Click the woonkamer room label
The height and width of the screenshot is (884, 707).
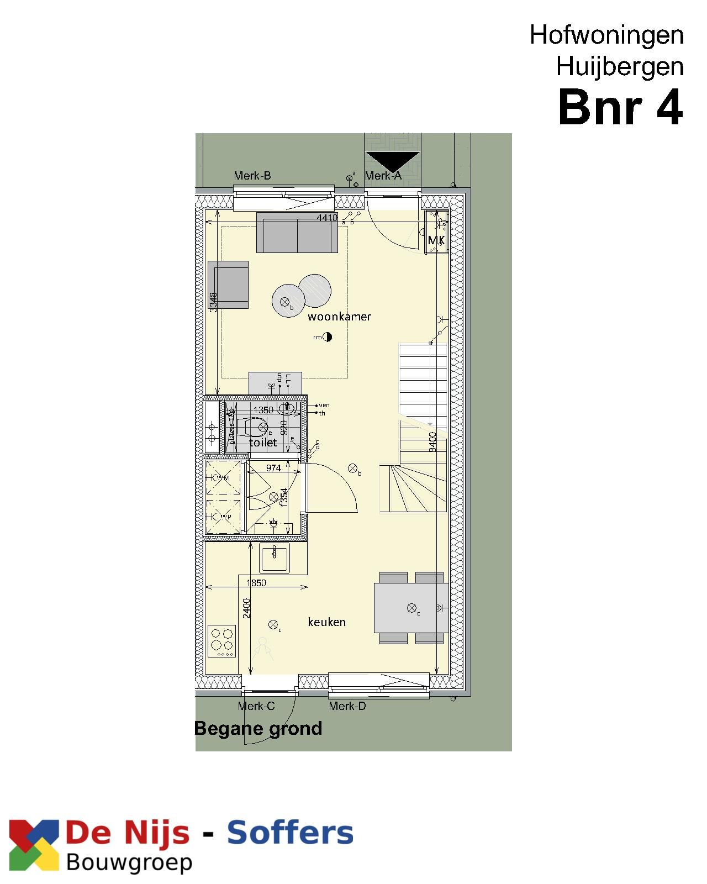coord(339,317)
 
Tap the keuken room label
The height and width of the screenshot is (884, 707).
coord(326,622)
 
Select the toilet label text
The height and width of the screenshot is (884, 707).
coord(263,443)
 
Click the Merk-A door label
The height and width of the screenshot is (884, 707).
coord(383,176)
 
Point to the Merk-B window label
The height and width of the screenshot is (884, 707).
coord(252,176)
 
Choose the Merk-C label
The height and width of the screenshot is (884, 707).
coord(256,706)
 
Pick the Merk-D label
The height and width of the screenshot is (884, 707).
coord(347,706)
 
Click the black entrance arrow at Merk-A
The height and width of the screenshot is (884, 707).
coord(392,161)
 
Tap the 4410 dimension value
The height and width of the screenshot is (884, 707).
coord(327,218)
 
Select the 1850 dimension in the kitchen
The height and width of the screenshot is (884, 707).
coord(256,583)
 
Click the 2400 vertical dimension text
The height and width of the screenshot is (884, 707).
coord(247,608)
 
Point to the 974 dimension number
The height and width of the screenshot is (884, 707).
coord(273,468)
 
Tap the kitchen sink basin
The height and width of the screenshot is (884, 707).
coord(275,557)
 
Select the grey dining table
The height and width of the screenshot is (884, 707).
coord(411,608)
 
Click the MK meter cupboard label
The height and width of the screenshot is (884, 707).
coord(436,240)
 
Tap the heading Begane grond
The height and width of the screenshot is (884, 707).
coord(258,728)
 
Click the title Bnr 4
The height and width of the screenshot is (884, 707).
coord(621,108)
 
